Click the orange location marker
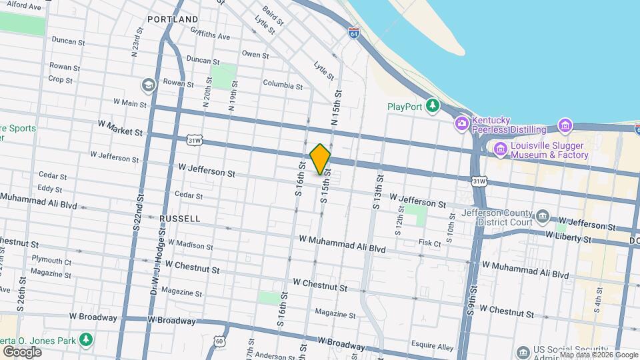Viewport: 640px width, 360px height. [x=321, y=159]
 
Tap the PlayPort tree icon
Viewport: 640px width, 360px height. [x=433, y=106]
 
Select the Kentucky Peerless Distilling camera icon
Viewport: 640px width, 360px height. [x=461, y=123]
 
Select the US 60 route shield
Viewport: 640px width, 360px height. [x=220, y=341]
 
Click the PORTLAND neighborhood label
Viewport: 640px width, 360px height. [x=173, y=19]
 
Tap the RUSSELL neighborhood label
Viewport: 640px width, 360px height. [x=180, y=218]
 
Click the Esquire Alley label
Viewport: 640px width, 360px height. [x=432, y=347]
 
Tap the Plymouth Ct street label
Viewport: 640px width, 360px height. [x=51, y=261]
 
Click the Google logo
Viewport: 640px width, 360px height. [x=22, y=351]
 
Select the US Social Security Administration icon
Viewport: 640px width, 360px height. [x=523, y=351]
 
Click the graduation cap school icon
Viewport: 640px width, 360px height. [x=147, y=85]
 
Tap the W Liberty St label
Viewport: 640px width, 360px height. [x=569, y=235]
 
